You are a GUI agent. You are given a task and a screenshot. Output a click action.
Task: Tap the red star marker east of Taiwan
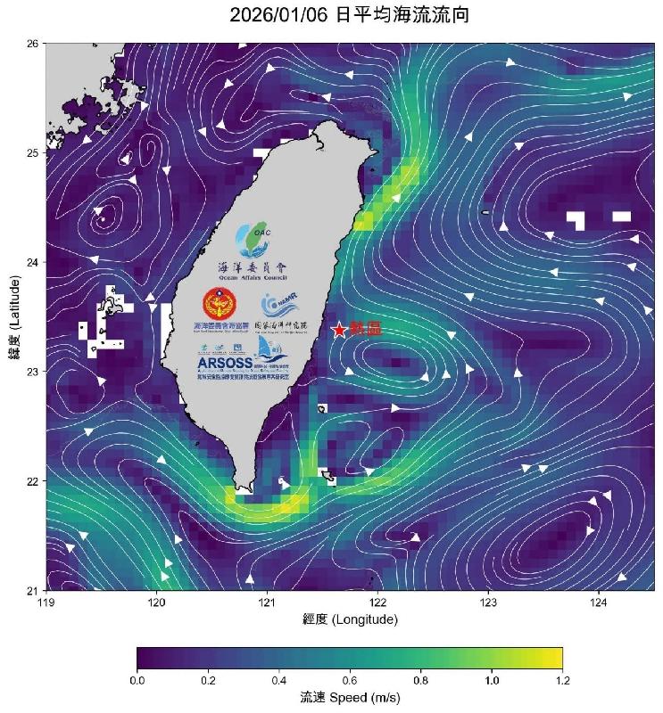[x=339, y=331]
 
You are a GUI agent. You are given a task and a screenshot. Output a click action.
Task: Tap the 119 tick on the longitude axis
[x=47, y=603]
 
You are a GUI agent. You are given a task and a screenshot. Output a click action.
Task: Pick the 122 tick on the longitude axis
[x=377, y=603]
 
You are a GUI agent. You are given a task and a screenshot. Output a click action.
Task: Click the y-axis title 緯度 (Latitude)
[x=15, y=316]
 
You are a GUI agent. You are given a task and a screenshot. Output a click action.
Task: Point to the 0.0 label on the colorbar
[x=137, y=680]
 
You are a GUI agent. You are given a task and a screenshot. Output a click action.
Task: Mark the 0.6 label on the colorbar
[x=350, y=680]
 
